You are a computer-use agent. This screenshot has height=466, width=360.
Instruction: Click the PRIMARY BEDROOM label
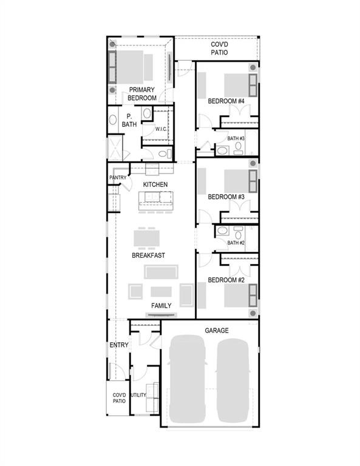pyautogui.click(x=142, y=94)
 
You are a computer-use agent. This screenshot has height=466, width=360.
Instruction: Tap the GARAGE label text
pyautogui.click(x=216, y=330)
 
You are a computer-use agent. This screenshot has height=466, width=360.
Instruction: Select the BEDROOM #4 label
pyautogui.click(x=226, y=101)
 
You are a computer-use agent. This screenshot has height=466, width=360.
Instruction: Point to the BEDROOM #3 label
pyautogui.click(x=226, y=197)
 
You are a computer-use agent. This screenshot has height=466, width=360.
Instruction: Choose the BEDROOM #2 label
pyautogui.click(x=226, y=280)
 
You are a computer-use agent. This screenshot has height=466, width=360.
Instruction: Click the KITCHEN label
pyautogui.click(x=155, y=184)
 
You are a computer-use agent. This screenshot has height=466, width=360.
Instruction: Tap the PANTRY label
pyautogui.click(x=117, y=178)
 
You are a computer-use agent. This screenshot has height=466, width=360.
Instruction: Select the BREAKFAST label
pyautogui.click(x=149, y=255)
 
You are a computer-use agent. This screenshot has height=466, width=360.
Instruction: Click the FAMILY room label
pyautogui.click(x=161, y=305)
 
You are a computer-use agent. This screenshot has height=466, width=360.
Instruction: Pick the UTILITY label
pyautogui.click(x=138, y=395)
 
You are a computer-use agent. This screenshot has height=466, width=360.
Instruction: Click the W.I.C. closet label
pyautogui.click(x=161, y=129)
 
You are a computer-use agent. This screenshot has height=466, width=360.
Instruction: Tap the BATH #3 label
pyautogui.click(x=236, y=139)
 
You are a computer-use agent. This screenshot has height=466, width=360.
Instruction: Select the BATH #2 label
pyautogui.click(x=236, y=243)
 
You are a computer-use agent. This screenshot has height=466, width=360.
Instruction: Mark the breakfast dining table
pyautogui.click(x=149, y=237)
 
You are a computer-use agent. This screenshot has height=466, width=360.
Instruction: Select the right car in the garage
pyautogui.click(x=233, y=380)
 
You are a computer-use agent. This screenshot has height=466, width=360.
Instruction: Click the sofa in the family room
pyautogui.click(x=161, y=271)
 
